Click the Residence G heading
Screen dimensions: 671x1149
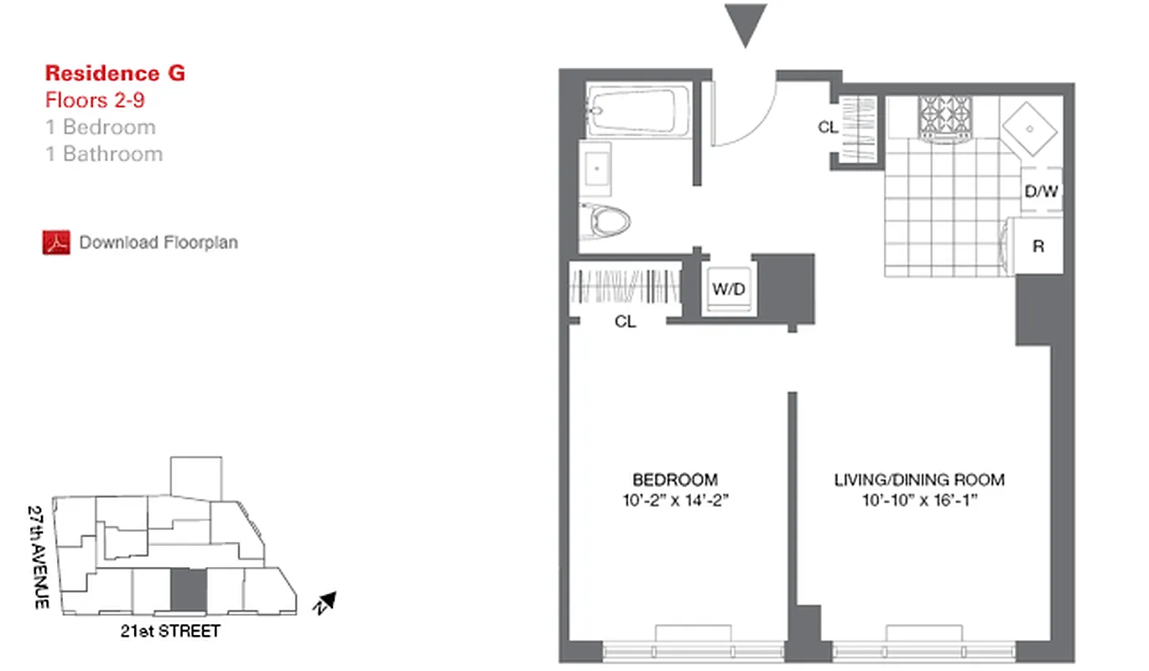click(x=115, y=73)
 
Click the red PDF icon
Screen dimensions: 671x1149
click(x=56, y=242)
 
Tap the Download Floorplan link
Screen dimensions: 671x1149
click(x=159, y=242)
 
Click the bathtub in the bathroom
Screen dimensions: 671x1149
click(x=639, y=110)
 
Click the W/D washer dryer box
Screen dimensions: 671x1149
click(x=729, y=289)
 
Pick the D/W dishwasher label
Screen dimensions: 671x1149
click(x=1042, y=191)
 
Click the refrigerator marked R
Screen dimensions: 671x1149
click(x=1038, y=247)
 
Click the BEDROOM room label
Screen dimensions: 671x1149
click(x=675, y=481)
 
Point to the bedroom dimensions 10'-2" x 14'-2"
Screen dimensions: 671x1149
click(x=675, y=502)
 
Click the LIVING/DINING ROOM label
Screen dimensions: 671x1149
click(x=919, y=481)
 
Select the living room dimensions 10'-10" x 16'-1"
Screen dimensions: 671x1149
click(x=919, y=502)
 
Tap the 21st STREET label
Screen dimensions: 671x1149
click(x=169, y=631)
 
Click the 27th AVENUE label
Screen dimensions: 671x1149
click(x=37, y=557)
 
